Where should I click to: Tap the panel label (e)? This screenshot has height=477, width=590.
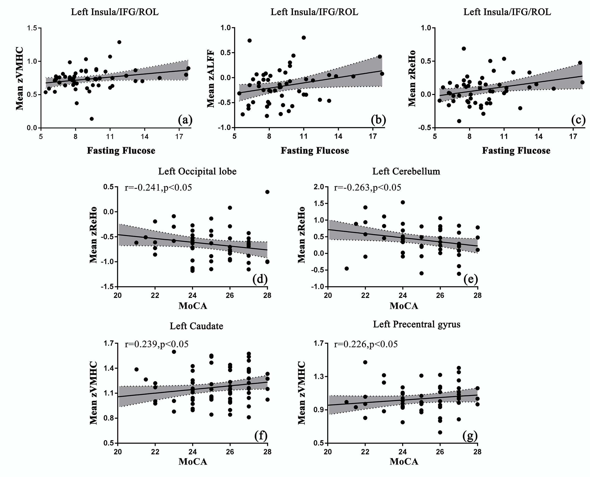471,279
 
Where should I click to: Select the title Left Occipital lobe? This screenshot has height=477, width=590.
197,171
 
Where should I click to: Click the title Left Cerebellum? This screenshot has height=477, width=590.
406,171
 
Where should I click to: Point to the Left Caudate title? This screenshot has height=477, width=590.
196,326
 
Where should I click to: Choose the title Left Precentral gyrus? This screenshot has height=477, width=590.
416,325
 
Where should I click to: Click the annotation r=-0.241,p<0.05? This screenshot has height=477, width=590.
158,187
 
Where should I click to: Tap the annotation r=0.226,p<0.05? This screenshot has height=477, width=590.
366,344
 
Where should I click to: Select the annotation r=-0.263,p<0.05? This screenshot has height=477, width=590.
367,187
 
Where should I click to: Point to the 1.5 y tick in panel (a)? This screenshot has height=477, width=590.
32,28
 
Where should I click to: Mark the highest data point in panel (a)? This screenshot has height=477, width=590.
119,42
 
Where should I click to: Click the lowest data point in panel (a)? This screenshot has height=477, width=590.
92,119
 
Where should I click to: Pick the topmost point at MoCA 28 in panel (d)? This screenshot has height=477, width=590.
267,192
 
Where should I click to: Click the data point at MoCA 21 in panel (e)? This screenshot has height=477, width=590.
347,268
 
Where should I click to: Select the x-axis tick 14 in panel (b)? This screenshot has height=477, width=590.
338,137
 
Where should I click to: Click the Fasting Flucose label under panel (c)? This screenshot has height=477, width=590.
516,151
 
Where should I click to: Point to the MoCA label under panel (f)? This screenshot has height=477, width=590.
193,461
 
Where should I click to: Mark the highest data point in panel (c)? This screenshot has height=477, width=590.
464,49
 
